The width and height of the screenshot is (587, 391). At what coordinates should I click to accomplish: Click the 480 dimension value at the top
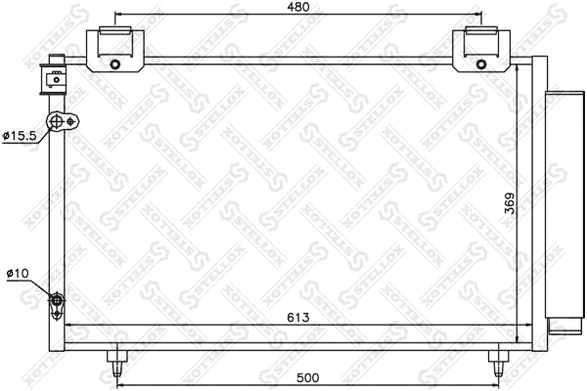(x=299, y=8)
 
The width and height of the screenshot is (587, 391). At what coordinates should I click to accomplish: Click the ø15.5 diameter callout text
(x=19, y=136)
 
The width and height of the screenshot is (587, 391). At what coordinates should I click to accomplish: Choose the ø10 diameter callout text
(x=17, y=273)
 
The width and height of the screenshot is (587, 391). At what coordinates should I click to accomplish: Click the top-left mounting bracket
(x=115, y=49)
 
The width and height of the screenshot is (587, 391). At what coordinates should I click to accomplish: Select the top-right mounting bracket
(x=481, y=49)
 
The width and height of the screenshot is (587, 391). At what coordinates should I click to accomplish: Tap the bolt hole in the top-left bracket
(x=115, y=65)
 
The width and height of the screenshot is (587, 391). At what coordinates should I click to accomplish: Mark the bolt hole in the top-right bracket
(x=481, y=65)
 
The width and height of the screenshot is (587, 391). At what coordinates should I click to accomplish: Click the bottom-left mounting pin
(x=116, y=361)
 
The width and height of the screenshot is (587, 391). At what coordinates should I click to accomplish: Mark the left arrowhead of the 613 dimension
(x=69, y=326)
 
